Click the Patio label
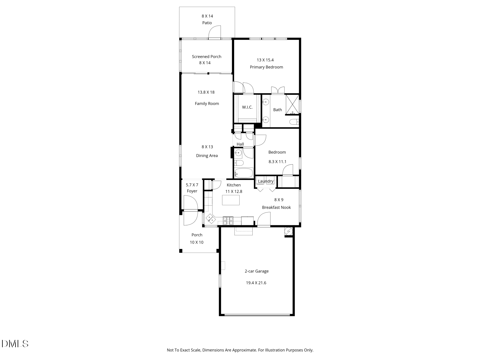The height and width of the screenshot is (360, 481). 207,23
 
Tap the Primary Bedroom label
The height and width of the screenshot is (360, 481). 266,67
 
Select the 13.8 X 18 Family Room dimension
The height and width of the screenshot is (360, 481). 206,92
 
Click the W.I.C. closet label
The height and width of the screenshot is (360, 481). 247,107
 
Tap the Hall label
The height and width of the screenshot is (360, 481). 240,144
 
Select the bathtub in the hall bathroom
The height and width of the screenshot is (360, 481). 244,173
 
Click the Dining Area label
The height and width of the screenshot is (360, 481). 207,156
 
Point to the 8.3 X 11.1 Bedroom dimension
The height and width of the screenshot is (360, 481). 277,162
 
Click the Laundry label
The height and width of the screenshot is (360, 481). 265,182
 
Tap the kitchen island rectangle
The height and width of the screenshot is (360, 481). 231,200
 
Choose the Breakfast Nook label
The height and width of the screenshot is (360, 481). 276,207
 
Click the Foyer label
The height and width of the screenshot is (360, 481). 192,191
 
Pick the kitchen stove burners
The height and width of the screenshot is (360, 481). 228,220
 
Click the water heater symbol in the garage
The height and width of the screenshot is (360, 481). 288,232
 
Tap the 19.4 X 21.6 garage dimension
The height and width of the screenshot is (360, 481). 256,283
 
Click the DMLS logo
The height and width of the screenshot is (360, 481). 15,344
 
